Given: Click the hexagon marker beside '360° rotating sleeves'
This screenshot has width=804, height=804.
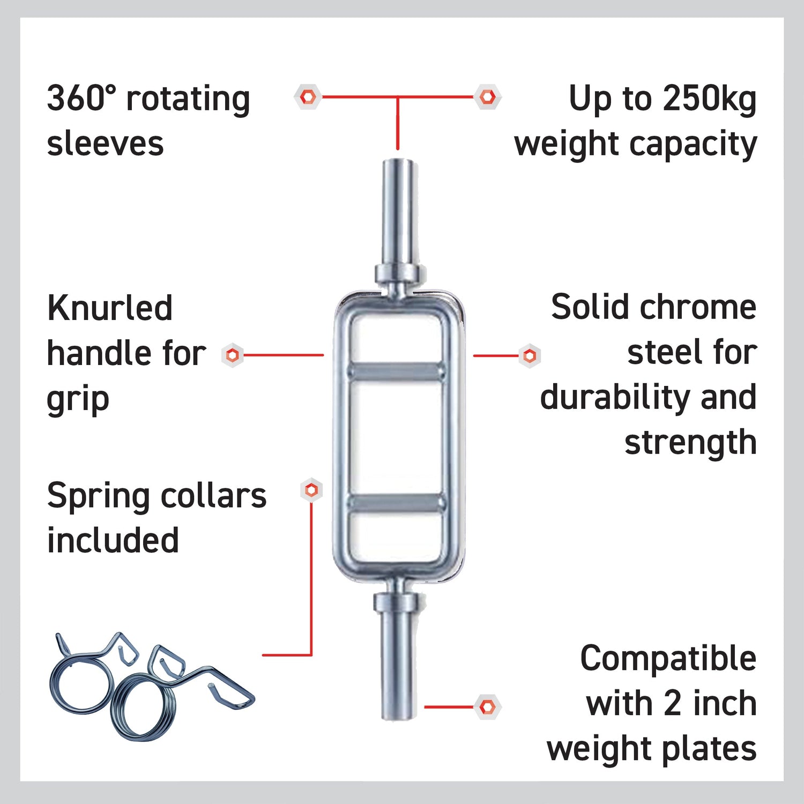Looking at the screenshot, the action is pos(308,97).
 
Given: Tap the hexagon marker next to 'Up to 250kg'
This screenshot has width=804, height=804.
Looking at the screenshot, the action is pos(487,97).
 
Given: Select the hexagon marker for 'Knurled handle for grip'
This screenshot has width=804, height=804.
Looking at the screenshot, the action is pos(233,355).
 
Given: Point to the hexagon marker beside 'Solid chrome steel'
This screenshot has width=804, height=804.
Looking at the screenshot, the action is pos(530,355).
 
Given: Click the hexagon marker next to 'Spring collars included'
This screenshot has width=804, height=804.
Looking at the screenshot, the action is pos(311,489).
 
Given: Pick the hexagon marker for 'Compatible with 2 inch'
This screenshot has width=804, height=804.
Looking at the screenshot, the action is pos(487,707).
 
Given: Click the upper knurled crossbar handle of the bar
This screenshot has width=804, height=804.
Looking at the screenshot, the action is pos(397,371).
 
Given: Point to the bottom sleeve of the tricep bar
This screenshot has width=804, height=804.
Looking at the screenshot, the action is pos(398,665).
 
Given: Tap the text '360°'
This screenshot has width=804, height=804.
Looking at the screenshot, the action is pos(81,98).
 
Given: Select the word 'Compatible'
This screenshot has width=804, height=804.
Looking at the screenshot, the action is pos(668,659).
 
